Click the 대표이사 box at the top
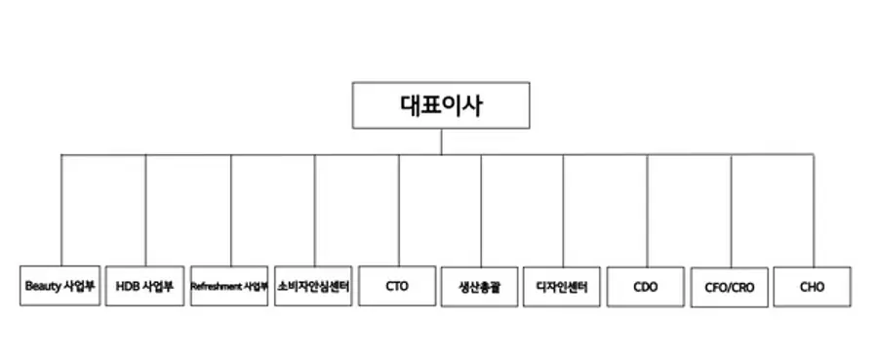pyautogui.click(x=441, y=104)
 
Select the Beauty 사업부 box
pyautogui.click(x=60, y=287)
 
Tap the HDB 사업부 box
pyautogui.click(x=144, y=287)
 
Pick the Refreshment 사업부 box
pyautogui.click(x=229, y=287)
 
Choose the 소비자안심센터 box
pyautogui.click(x=313, y=287)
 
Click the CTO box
pyautogui.click(x=397, y=287)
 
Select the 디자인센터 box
pyautogui.click(x=563, y=287)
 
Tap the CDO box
pyautogui.click(x=646, y=287)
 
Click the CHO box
pyautogui.click(x=813, y=287)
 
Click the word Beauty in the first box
pyautogui.click(x=44, y=287)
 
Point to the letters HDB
pyautogui.click(x=127, y=287)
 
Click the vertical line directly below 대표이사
pyautogui.click(x=441, y=141)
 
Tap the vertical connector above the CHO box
pyautogui.click(x=814, y=210)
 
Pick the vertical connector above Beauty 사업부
pyautogui.click(x=61, y=210)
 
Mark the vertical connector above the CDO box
pyautogui.click(x=647, y=210)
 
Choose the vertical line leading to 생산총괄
pyautogui.click(x=481, y=210)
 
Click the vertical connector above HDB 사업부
pyautogui.click(x=145, y=210)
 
